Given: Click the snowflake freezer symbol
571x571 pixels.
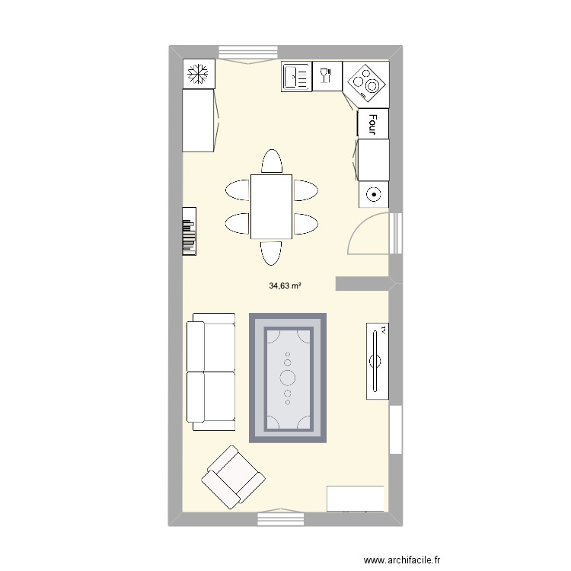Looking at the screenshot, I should tap(199, 75).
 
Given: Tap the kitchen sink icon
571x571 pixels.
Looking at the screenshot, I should tap(296, 77).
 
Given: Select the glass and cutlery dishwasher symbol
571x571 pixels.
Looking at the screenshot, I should tap(327, 76).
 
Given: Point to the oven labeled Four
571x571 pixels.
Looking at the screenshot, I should tap(373, 123).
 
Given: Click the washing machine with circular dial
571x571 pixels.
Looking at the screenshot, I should tap(373, 195).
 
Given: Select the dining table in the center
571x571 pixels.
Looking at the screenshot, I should tap(272, 206).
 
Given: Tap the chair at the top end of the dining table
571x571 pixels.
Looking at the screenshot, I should tap(272, 162).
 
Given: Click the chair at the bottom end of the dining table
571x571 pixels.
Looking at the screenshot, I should tap(272, 252).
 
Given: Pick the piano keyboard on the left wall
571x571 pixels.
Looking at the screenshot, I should tap(190, 231).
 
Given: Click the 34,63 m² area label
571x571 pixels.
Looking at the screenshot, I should tap(285, 286).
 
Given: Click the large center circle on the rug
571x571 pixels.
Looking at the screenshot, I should tap(289, 377).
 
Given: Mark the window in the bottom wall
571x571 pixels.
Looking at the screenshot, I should tap(280, 519).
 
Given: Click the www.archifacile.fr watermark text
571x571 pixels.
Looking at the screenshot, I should tap(407, 560).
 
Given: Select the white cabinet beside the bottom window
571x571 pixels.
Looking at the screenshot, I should tap(356, 499).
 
